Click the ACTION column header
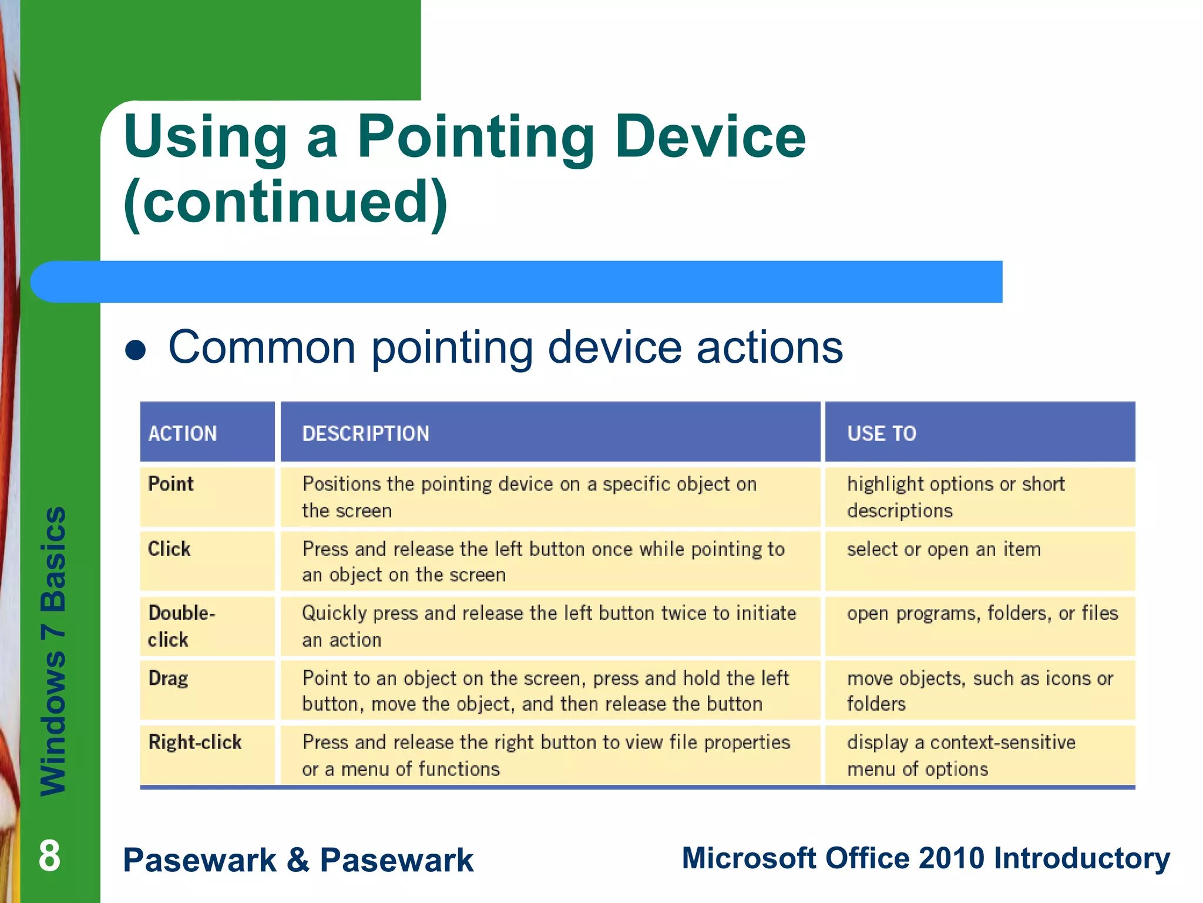point(183,433)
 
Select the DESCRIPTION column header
point(365,433)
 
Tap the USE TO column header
point(881,433)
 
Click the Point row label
point(170,484)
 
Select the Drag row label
point(168,678)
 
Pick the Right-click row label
point(194,743)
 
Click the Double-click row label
point(181,626)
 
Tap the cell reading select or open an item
point(943,549)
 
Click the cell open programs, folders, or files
point(982,613)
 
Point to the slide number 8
point(49,856)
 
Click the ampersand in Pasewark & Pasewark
point(298,859)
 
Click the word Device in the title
point(710,136)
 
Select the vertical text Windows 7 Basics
point(53,651)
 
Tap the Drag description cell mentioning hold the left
point(545,691)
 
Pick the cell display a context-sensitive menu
point(960,755)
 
